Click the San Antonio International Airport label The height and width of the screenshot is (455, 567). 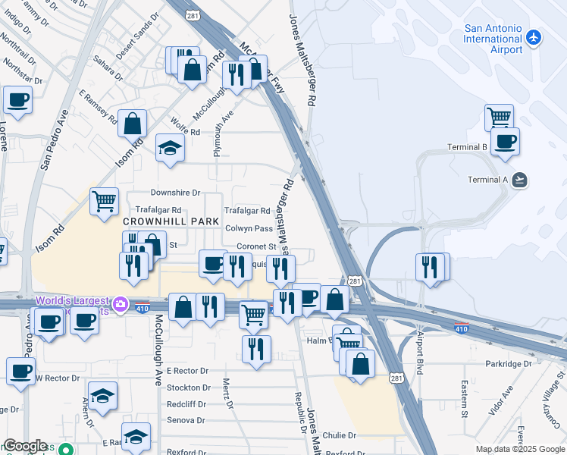point(493,38)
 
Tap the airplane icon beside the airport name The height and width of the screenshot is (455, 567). point(534,36)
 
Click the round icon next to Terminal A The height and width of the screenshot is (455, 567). point(519,180)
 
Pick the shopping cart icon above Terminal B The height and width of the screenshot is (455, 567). point(500,117)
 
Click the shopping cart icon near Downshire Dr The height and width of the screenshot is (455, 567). point(104,201)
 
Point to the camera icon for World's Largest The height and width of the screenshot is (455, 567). point(120,305)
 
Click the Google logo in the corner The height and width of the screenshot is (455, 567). point(25,446)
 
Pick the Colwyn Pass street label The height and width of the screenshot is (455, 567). point(249,228)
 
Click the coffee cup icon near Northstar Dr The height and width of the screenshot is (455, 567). point(17,99)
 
